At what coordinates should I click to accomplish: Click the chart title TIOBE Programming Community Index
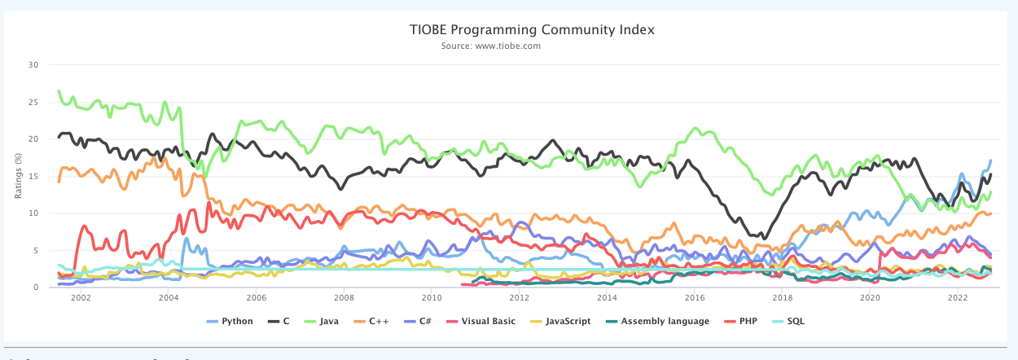pos(532,30)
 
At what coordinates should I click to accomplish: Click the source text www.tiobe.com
pos(491,46)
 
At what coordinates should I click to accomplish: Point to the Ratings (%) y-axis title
pos(18,175)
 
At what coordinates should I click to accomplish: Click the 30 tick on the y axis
pos(33,64)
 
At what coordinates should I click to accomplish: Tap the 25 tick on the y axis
pos(33,102)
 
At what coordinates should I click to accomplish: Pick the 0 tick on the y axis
pos(35,288)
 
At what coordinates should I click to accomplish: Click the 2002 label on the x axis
pos(80,299)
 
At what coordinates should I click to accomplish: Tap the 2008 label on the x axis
pos(344,299)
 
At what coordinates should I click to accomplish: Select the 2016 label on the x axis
pos(695,299)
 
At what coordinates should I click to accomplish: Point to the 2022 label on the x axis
pos(958,299)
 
